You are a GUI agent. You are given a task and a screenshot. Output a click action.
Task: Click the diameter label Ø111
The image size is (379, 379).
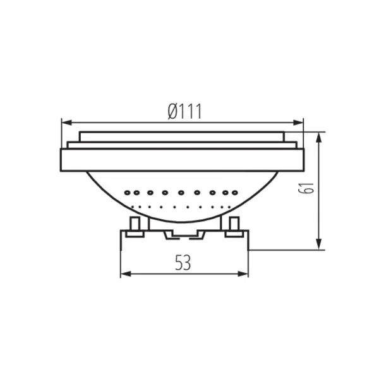pyautogui.click(x=184, y=112)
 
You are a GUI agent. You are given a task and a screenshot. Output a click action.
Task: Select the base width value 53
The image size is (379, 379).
pyautogui.click(x=183, y=263)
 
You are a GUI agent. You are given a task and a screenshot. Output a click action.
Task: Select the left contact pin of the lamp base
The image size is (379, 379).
pyautogui.click(x=134, y=226)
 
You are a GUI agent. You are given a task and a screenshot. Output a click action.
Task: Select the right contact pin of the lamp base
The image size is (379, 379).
pyautogui.click(x=234, y=226)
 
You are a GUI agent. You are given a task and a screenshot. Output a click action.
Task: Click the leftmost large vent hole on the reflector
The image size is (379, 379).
pyautogui.click(x=128, y=192)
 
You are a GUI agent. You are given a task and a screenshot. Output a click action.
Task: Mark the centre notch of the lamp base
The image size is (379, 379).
pyautogui.click(x=184, y=235)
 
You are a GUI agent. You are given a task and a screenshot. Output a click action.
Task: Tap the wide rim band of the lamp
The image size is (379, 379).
pyautogui.click(x=182, y=159)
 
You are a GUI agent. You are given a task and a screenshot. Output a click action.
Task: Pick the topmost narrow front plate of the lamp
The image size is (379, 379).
pyautogui.click(x=182, y=136)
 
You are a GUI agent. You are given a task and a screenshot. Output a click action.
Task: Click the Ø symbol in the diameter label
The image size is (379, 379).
pyautogui.click(x=172, y=112)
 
